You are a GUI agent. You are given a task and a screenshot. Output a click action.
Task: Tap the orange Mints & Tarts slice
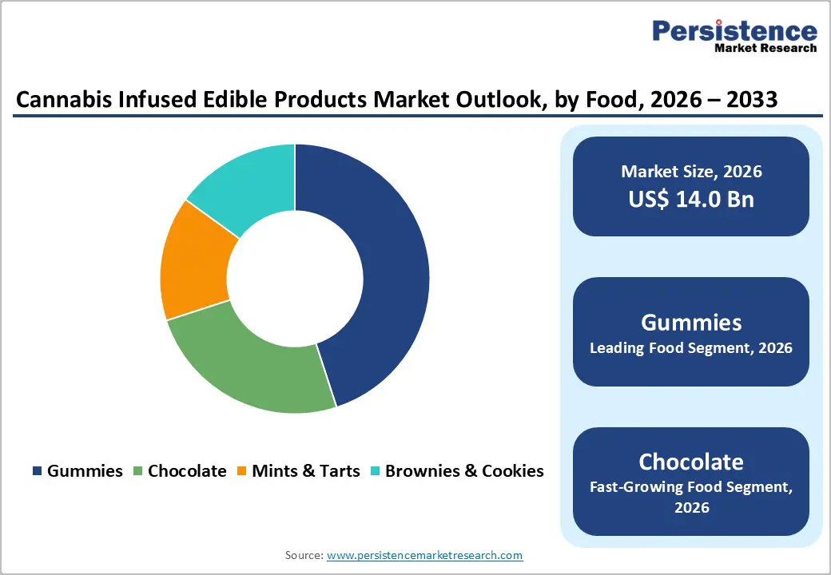(192, 264)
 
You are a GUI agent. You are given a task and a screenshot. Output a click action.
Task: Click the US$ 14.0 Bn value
(691, 199)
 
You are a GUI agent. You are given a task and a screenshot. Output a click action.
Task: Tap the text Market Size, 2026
(691, 172)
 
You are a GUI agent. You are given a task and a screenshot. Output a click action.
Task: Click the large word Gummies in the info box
(691, 322)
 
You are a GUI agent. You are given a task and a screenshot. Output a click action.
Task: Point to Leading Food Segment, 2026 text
(691, 348)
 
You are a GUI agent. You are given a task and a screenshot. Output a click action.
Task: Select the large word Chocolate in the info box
(691, 462)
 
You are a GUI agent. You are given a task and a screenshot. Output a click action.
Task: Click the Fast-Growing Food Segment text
(691, 486)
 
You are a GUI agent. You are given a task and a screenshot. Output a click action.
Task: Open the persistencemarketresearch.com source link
(424, 555)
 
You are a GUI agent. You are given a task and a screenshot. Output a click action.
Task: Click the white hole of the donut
(295, 278)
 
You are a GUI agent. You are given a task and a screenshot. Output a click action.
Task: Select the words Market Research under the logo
(765, 48)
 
